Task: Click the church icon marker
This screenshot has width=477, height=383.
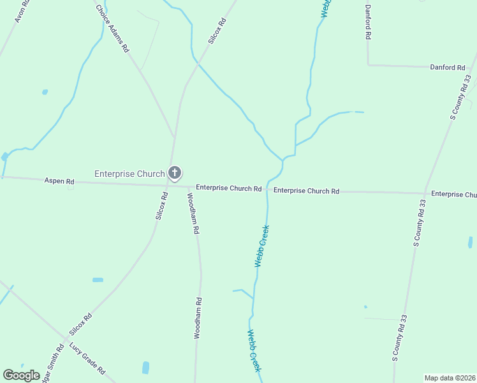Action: point(174,173)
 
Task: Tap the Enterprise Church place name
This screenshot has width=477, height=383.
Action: point(129,174)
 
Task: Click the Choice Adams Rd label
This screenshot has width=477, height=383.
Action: point(112,29)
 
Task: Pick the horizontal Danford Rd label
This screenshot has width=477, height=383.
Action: point(447,67)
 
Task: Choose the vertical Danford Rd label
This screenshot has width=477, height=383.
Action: point(368,22)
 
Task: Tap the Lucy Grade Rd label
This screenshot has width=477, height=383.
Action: point(87,359)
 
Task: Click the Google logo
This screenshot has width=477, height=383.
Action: point(21,375)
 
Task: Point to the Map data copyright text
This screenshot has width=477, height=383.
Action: point(450,378)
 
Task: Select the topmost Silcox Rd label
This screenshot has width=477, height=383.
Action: point(217,31)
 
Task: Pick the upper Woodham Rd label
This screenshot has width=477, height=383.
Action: point(193,213)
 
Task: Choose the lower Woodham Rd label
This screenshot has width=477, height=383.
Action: point(198,318)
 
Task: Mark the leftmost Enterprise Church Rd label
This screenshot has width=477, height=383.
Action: point(228,188)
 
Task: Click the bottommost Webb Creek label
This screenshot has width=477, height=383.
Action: point(254,351)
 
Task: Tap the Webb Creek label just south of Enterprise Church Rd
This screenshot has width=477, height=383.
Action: point(261,246)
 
